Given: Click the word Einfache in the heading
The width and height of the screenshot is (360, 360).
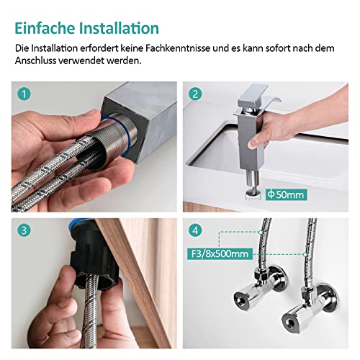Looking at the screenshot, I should [x=45, y=28].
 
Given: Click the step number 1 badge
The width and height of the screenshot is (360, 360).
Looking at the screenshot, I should [x=25, y=94].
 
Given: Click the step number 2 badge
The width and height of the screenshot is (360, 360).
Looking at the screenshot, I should [x=197, y=94].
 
